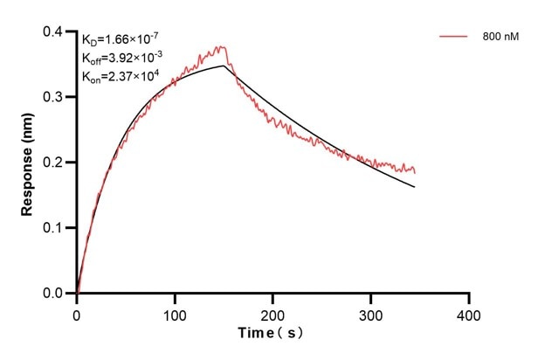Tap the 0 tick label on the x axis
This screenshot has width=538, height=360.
(77, 313)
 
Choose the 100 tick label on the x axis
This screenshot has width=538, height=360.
(175, 313)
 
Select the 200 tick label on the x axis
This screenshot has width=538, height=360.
(273, 313)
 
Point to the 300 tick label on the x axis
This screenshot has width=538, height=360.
(371, 313)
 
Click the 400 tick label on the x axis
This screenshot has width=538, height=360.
(469, 313)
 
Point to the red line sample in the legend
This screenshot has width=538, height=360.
(452, 38)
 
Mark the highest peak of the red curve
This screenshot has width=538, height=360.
(222, 47)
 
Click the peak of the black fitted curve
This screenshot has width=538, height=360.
(224, 66)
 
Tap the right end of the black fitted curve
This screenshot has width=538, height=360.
(415, 187)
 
